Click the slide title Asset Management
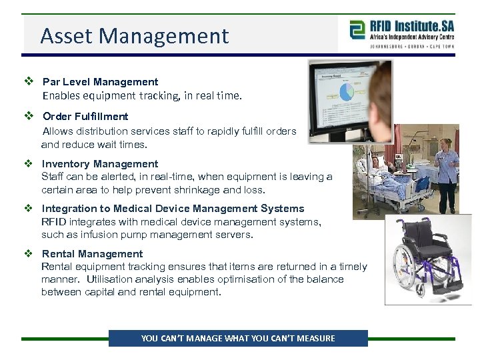(x=134, y=36)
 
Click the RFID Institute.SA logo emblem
(x=358, y=31)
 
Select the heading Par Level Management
(x=100, y=82)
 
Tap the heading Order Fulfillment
(x=85, y=117)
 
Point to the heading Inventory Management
(x=100, y=164)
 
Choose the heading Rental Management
(x=92, y=254)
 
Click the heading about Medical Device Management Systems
(x=173, y=209)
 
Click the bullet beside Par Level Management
(x=29, y=82)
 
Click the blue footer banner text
(x=238, y=339)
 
